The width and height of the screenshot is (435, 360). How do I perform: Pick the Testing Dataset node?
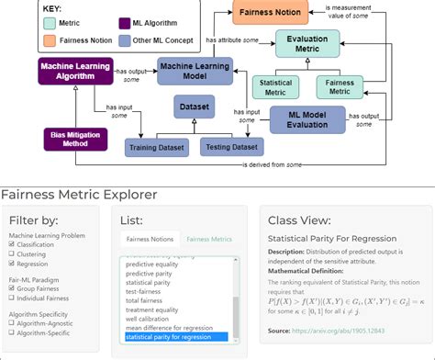click(x=230, y=146)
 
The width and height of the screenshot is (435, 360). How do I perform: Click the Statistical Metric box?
click(x=278, y=88)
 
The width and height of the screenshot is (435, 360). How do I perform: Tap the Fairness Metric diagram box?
click(x=341, y=88)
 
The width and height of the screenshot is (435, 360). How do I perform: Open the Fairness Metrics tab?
click(x=210, y=239)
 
